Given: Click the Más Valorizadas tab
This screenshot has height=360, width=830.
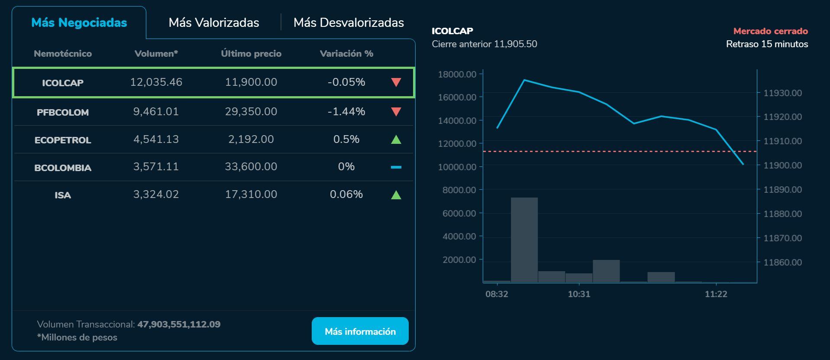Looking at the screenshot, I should coord(214,23).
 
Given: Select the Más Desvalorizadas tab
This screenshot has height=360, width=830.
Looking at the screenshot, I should coord(349,23).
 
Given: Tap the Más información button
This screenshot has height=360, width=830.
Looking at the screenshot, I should coord(360,331).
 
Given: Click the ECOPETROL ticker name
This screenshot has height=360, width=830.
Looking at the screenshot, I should coord(63,140).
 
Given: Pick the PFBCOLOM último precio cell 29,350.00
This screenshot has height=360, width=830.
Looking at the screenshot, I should coord(251,112).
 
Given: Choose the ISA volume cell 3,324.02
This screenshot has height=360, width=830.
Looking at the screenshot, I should coord(156,195).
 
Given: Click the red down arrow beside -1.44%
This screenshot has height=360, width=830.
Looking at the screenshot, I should coord(396,112).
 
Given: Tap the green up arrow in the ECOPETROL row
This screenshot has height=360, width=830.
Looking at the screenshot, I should coord(396,139).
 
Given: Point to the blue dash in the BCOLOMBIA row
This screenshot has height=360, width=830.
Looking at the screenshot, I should coord(396,167).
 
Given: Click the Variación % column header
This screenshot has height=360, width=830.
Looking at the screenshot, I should coord(346,54).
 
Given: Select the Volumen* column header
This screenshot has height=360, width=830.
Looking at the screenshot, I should coord(156,54).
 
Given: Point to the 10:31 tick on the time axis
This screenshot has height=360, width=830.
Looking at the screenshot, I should coord(579,294).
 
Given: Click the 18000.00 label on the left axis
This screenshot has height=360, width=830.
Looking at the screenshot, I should coord(457,75).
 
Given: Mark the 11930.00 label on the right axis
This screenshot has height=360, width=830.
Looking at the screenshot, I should coord(782,93).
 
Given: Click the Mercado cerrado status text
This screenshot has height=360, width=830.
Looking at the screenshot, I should coord(770,31).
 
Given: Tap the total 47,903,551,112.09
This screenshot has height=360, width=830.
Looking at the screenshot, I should coord(179,324).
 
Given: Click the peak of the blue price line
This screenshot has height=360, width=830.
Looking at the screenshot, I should coord(524,80).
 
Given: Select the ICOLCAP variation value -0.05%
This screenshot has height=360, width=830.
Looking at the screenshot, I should coord(346,82).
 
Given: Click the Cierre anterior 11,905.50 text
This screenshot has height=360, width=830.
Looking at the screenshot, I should coord(484,44).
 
